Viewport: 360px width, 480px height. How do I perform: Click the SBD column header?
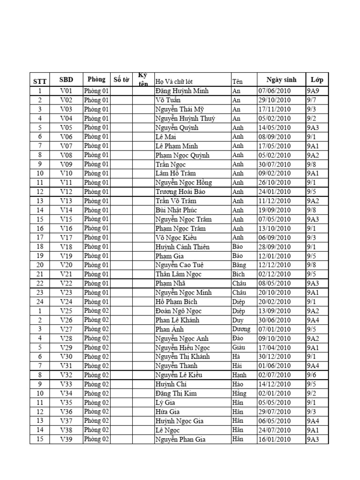[67, 80]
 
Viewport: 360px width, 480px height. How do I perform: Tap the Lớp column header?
[317, 80]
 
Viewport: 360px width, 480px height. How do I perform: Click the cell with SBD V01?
[67, 91]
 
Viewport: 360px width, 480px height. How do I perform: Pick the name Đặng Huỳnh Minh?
[182, 91]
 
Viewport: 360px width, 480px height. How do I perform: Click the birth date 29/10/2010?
[274, 100]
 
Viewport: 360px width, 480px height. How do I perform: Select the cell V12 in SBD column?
[67, 192]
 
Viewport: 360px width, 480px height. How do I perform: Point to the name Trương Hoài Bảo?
[180, 192]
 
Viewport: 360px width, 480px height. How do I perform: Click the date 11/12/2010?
[274, 201]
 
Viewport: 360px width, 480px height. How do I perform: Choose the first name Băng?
[239, 265]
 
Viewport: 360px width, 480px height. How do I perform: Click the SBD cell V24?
[67, 301]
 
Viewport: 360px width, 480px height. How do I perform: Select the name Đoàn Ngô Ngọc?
[179, 311]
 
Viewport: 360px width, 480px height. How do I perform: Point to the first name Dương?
[241, 329]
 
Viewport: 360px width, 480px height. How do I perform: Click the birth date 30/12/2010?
[274, 356]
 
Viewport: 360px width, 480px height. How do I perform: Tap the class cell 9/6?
[312, 375]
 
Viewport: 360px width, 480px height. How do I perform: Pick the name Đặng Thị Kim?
[176, 393]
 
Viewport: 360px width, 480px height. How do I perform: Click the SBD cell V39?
[67, 439]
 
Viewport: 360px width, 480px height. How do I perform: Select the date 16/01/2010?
[274, 439]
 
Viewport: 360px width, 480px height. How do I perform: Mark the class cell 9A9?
[313, 91]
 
